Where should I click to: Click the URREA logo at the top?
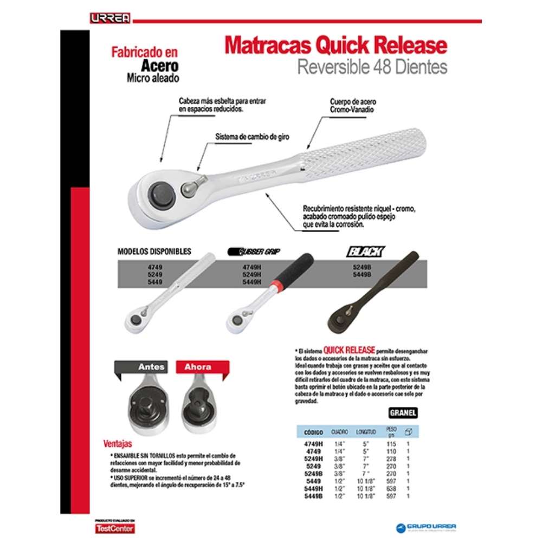click(x=110, y=18)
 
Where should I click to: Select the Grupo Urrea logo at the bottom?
click(x=428, y=526)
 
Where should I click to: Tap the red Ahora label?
click(x=197, y=367)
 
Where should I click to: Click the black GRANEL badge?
click(x=403, y=412)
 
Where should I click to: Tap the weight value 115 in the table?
click(x=391, y=443)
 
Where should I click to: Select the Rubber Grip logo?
click(x=257, y=251)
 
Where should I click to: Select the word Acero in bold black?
click(x=160, y=66)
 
